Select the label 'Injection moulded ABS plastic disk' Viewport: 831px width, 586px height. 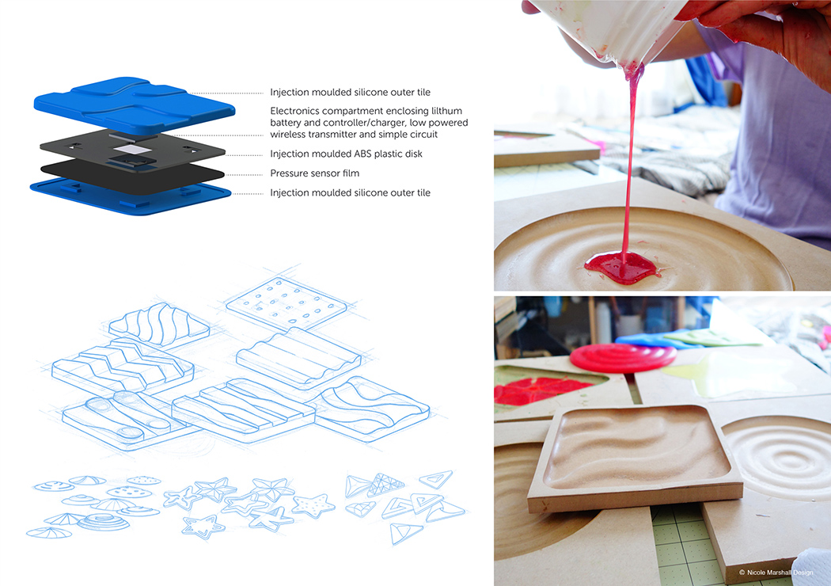pyautogui.click(x=346, y=154)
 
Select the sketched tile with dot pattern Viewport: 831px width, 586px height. pyautogui.click(x=285, y=305)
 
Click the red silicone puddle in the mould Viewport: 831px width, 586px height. pyautogui.click(x=619, y=266)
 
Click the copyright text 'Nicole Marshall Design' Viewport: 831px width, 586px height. pyautogui.click(x=780, y=572)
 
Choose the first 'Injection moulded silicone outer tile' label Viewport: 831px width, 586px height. pyautogui.click(x=350, y=93)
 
